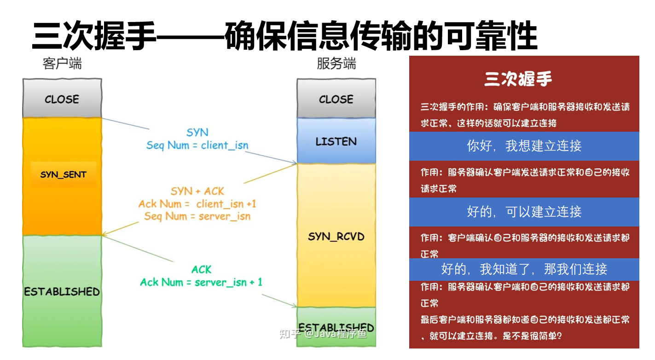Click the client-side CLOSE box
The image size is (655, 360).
click(62, 99)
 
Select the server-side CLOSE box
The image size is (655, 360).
click(336, 99)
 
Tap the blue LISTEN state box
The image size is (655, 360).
click(336, 141)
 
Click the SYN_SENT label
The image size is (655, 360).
click(64, 174)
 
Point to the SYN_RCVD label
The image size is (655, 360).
click(336, 236)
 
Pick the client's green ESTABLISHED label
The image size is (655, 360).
click(62, 291)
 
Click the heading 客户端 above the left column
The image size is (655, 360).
click(62, 64)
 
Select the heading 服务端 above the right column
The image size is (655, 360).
click(336, 64)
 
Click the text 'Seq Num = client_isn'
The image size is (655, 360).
click(197, 145)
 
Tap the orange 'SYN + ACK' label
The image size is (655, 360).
click(197, 191)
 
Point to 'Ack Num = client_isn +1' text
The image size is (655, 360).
click(197, 203)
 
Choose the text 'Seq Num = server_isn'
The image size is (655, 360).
click(197, 216)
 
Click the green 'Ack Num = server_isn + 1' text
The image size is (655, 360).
click(201, 282)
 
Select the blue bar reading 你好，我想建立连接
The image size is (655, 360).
click(524, 146)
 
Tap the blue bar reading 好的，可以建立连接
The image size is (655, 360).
click(524, 212)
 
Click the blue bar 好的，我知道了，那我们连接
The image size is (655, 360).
click(524, 269)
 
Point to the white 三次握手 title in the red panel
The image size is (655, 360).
click(518, 79)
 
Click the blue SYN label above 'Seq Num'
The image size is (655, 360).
click(197, 132)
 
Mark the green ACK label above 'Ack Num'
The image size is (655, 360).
click(201, 269)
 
